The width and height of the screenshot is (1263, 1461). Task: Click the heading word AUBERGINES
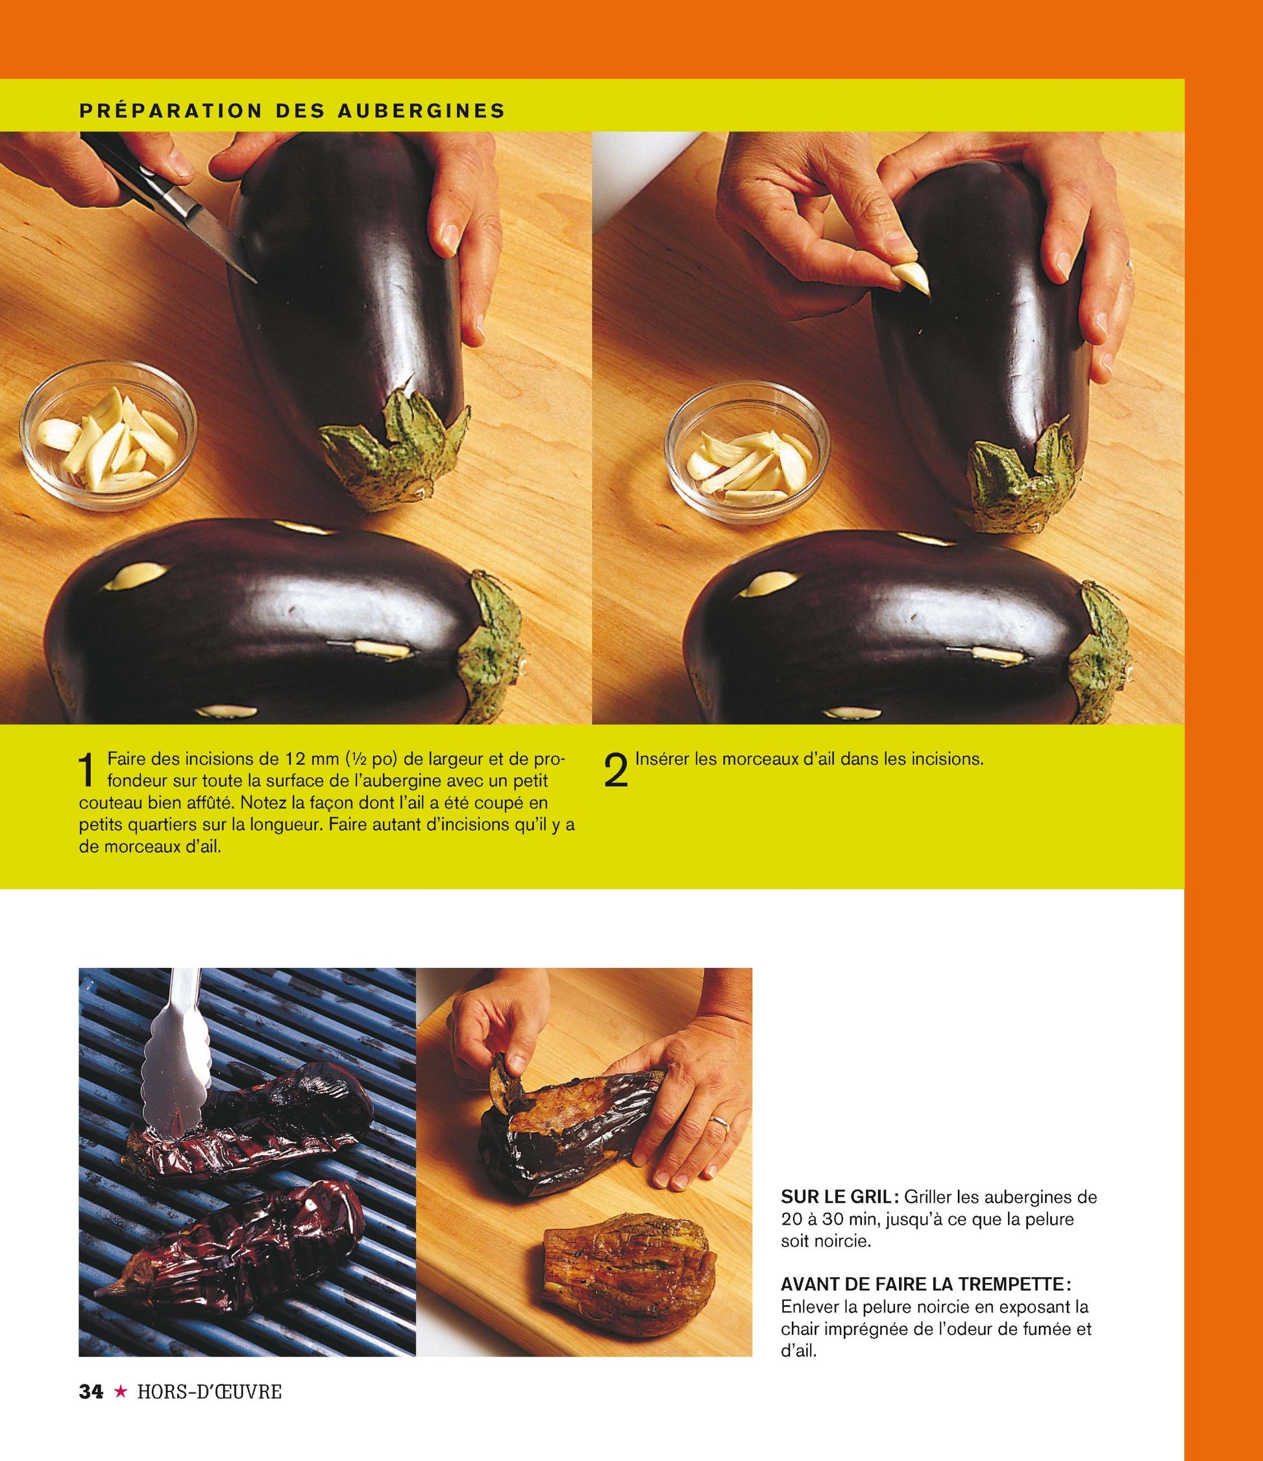pyautogui.click(x=420, y=110)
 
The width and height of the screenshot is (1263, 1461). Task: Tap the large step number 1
pyautogui.click(x=87, y=770)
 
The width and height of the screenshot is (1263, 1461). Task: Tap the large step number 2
pyautogui.click(x=615, y=770)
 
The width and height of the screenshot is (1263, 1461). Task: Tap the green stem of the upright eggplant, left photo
pyautogui.click(x=395, y=451)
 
